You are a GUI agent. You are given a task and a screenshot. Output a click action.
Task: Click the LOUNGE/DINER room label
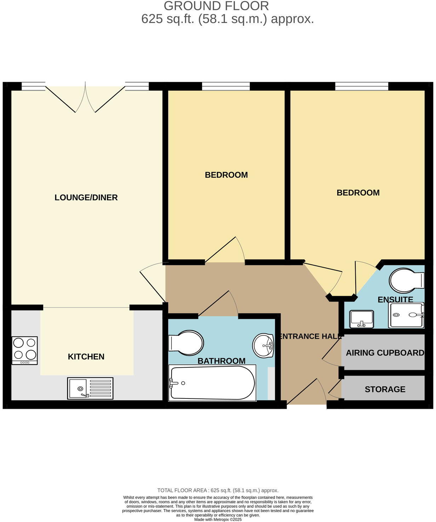point(86,197)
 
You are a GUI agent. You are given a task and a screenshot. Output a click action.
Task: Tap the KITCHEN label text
point(86,357)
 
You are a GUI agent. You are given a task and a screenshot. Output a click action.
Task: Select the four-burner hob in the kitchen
point(24,350)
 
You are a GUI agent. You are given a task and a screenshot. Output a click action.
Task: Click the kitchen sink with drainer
point(90,388)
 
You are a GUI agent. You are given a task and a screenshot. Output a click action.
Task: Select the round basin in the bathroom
point(263,345)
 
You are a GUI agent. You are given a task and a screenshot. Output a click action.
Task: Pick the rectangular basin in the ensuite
point(361,319)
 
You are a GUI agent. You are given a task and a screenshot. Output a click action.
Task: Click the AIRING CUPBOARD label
point(385,353)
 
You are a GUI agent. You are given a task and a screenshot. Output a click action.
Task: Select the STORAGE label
point(385,389)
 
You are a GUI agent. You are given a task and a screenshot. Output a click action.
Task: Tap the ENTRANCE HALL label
point(310,337)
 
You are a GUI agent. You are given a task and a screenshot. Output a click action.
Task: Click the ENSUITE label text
point(395,300)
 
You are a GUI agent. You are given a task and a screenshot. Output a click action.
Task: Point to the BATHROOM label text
point(221,361)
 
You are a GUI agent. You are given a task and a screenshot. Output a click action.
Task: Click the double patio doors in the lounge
point(85,97)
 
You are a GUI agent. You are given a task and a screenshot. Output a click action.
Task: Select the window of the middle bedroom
point(226,86)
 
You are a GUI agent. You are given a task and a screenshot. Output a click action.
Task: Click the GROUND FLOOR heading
point(216,6)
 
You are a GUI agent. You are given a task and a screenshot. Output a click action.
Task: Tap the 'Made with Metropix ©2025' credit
point(218,520)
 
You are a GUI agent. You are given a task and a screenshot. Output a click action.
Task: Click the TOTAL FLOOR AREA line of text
point(218,491)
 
